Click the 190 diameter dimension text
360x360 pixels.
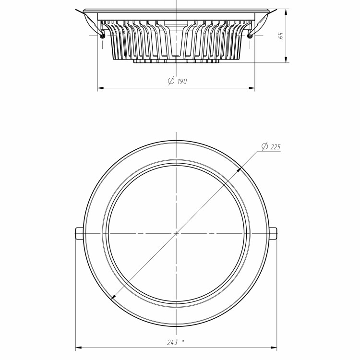pos(182,81)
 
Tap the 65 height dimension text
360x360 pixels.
pos(281,36)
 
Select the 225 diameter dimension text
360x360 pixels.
pos(275,147)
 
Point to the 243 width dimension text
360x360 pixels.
pos(172,343)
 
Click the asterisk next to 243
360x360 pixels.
pos(183,341)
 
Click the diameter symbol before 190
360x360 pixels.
pos(171,81)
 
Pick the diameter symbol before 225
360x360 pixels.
pos(264,146)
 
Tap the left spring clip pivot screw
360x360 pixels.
pos(102,36)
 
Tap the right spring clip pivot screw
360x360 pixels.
pos(250,36)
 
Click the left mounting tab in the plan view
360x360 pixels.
pos(79,233)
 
